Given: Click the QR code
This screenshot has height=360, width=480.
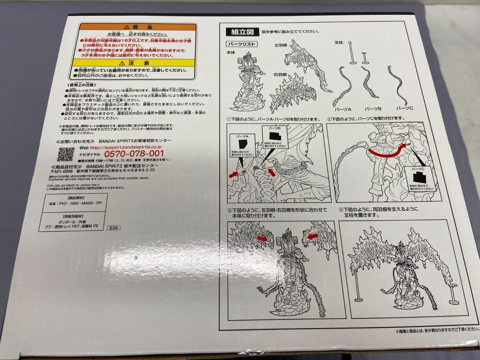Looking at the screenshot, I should (x=65, y=154).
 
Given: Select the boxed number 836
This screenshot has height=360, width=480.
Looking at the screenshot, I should (x=114, y=228).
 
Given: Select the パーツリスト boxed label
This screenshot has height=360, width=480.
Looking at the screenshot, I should (x=242, y=44).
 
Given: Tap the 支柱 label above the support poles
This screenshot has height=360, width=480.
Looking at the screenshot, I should (x=338, y=43).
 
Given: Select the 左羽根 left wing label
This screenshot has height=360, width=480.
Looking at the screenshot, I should (x=281, y=46).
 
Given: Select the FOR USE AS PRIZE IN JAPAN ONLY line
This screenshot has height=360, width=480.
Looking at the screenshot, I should (x=71, y=185).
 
